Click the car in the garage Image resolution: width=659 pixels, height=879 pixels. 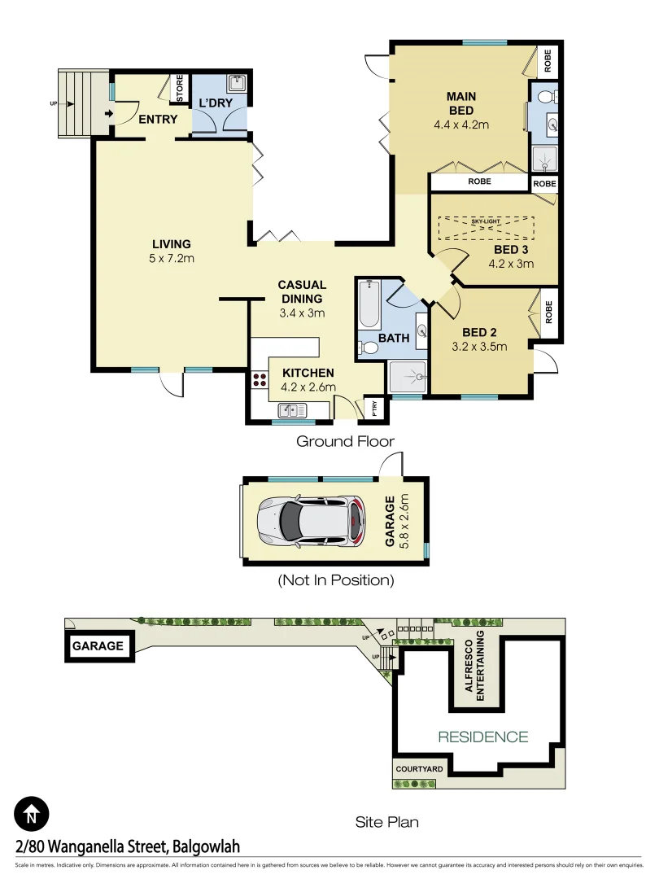308,521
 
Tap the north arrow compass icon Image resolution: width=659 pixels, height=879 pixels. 32,812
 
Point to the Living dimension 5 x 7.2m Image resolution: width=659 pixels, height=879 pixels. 171,258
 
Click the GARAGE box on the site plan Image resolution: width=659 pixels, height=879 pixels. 98,646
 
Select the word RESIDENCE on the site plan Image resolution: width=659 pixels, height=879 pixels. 482,737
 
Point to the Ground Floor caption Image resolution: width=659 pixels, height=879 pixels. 345,442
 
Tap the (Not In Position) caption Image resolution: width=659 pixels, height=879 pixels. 335,580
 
